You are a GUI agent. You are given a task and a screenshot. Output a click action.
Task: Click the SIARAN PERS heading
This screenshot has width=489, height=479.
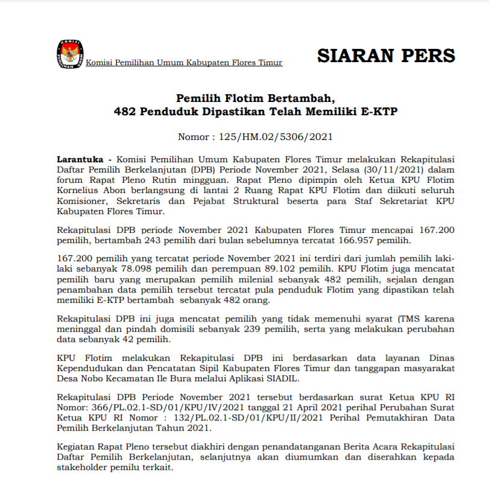pos(386,56)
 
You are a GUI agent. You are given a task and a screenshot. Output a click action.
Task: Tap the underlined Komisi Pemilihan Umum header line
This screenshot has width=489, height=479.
pos(184,63)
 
